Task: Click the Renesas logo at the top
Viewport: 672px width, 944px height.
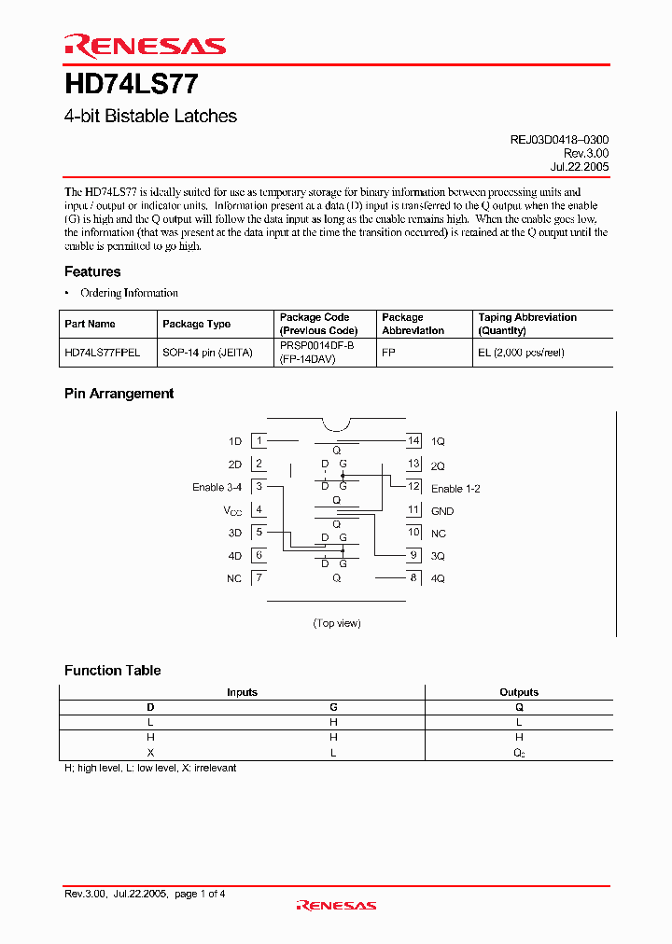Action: point(145,46)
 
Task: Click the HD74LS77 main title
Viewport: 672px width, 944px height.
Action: point(131,85)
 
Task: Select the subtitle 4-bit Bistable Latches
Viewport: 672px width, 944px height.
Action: point(150,117)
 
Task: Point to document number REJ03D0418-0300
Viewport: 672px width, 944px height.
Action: point(559,139)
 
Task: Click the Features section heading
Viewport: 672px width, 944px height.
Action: point(92,271)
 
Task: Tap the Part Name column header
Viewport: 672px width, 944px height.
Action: point(91,324)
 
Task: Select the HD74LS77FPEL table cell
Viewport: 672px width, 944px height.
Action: point(103,353)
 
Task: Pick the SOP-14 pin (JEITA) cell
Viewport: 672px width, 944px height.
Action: point(207,353)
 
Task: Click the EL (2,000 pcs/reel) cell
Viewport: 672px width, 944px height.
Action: point(521,353)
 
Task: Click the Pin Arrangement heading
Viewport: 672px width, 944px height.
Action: point(119,394)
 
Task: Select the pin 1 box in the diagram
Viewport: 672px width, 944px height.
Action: point(259,440)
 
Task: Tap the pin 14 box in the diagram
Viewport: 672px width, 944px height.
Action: point(413,440)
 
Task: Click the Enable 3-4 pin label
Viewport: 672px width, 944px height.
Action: point(217,487)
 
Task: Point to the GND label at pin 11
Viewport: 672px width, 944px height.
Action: point(442,510)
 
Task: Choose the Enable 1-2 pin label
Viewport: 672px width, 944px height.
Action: point(455,488)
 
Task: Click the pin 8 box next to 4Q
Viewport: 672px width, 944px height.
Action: point(413,578)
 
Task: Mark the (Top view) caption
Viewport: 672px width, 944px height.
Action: point(337,623)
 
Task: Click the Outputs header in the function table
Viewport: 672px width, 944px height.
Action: point(519,692)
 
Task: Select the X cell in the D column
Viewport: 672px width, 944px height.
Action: point(150,753)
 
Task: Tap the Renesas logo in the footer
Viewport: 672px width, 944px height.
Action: point(336,905)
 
